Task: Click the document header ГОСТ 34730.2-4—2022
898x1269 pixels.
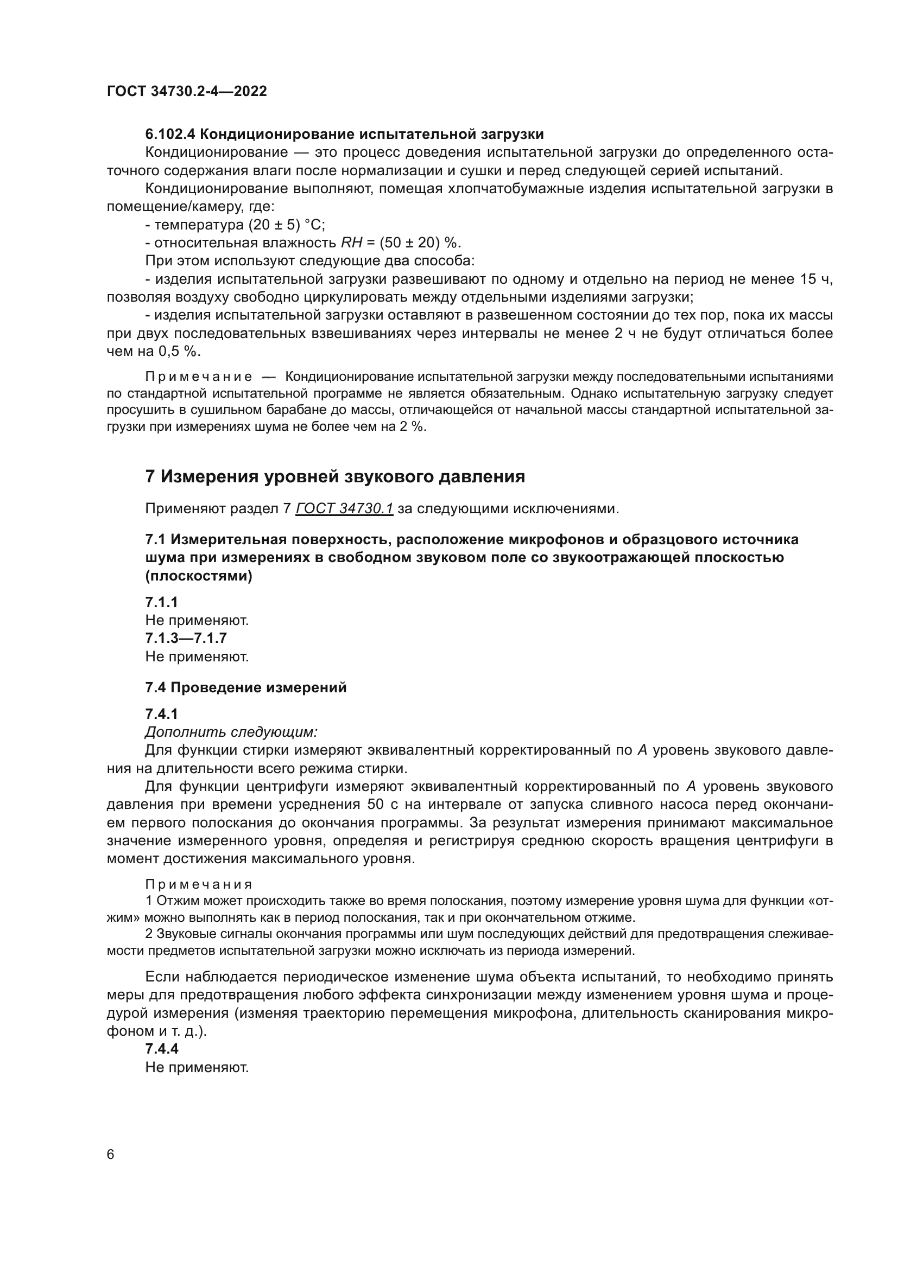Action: point(186,91)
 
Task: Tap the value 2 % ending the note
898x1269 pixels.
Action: point(412,426)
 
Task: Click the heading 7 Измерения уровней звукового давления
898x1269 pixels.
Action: point(334,476)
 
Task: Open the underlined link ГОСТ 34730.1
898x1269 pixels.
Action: point(344,508)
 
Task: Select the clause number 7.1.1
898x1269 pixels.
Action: point(161,602)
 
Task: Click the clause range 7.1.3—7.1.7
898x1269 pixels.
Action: point(186,639)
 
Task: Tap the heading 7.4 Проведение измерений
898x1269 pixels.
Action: point(245,687)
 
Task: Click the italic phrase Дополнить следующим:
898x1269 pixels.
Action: point(231,732)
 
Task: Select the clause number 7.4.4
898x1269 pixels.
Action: point(161,1049)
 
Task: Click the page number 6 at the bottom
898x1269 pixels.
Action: point(111,1155)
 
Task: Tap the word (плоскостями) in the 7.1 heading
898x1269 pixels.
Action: point(199,576)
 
